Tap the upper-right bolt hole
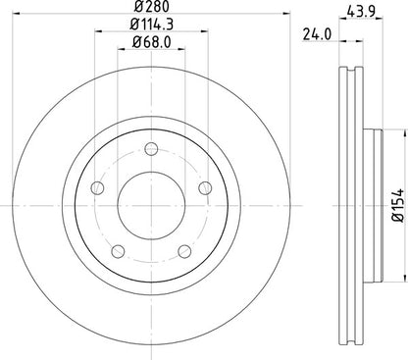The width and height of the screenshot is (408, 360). [x=205, y=188]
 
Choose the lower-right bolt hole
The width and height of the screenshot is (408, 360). [x=183, y=253]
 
